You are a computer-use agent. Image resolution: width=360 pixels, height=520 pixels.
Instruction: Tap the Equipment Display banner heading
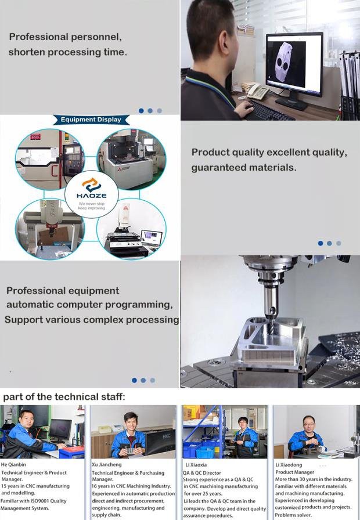coord(91,120)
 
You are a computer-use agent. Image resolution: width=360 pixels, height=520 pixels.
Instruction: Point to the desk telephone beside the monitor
coord(257,91)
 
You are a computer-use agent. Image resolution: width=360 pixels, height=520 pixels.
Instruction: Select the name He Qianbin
coord(13,465)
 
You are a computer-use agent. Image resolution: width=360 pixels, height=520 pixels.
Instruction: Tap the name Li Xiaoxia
coord(196,465)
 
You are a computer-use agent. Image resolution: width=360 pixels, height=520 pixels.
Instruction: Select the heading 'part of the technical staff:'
coord(64,397)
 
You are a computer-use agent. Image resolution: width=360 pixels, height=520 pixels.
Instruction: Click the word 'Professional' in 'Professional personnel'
coord(37,37)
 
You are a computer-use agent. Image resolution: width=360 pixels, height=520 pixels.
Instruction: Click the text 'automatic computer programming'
coord(89,305)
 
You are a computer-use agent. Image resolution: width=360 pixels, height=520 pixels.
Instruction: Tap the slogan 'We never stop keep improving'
coord(91,206)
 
